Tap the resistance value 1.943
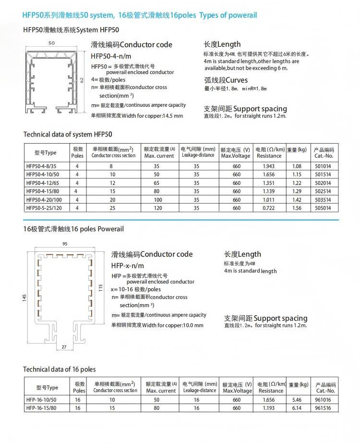[x=269, y=166]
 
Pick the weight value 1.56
[x=297, y=208]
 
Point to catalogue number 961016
[x=324, y=400]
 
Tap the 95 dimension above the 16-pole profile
[x=64, y=244]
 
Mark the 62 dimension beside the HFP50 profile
[x=82, y=79]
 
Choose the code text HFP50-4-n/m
[x=111, y=56]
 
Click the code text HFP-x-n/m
[x=128, y=265]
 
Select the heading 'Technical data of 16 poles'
[x=60, y=369]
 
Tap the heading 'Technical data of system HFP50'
[x=68, y=134]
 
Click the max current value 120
[x=156, y=208]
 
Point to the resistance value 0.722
[x=269, y=208]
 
